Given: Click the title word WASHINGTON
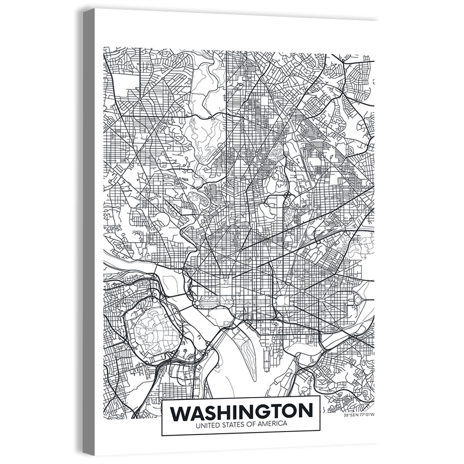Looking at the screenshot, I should pos(241,412).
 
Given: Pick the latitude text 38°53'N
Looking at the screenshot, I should pos(351,415).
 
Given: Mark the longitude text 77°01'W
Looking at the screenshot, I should pos(367,415).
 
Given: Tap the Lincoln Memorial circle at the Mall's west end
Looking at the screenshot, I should pos(198,303).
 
